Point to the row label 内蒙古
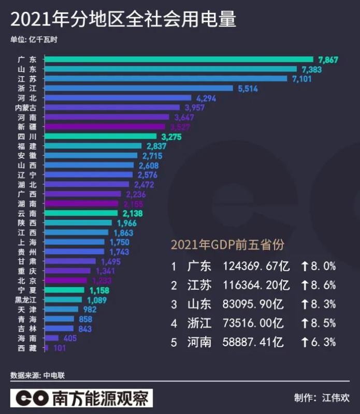coord(26,108)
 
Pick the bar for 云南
coord(82,213)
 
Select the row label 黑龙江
coord(26,300)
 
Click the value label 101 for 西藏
coord(60,348)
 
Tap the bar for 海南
coord(51,338)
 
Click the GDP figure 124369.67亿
coord(256,267)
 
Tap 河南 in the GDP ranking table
coord(199,342)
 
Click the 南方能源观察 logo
coord(82,397)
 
